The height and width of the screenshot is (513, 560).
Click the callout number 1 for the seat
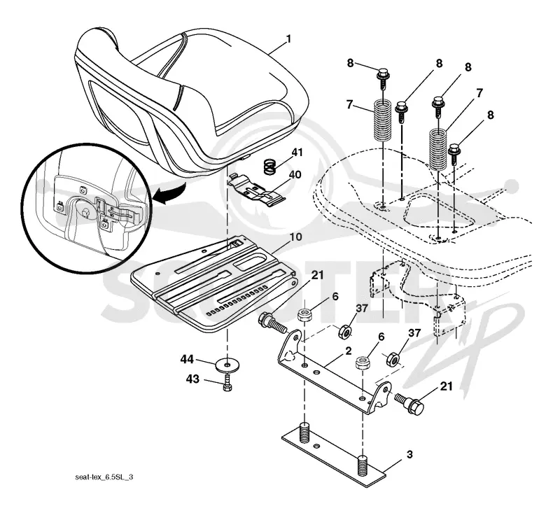coord(288,39)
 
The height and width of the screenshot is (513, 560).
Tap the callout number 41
coord(297,153)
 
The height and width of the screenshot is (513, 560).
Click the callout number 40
coord(295,175)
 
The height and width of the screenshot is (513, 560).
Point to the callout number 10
coord(295,237)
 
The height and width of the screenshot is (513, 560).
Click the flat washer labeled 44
coord(227,365)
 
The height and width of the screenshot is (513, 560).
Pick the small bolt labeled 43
coord(227,382)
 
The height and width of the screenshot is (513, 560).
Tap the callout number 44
coord(187,360)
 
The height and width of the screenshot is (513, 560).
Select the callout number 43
coord(193,379)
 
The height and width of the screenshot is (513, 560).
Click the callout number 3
coord(409,454)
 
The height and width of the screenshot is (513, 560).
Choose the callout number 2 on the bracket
coord(349,351)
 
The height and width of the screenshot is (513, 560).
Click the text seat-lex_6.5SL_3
coord(104,477)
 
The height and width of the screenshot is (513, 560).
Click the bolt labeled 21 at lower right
coord(409,402)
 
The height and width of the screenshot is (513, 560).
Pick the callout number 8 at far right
coord(491,115)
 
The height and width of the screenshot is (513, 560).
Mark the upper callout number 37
coord(362,309)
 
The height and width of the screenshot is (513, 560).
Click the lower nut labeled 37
coord(393,358)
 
